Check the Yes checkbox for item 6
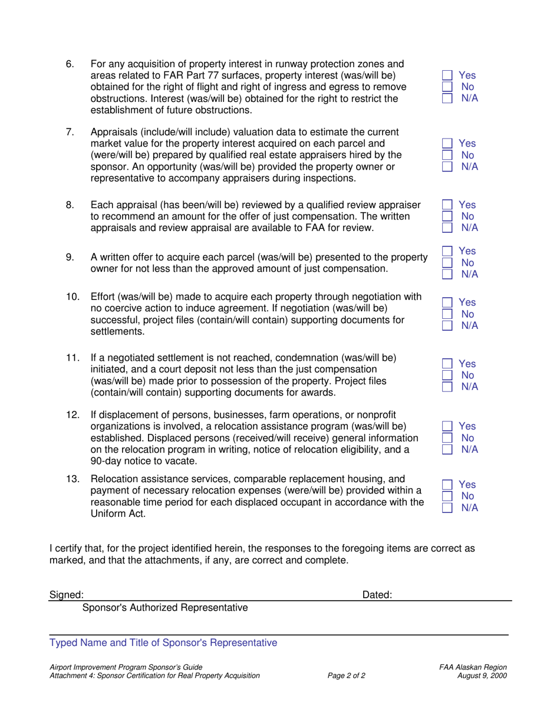[x=447, y=75]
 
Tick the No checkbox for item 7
[x=447, y=155]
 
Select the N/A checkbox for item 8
[x=447, y=228]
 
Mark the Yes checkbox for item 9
[x=447, y=252]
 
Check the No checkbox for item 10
[x=447, y=314]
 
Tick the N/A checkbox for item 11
[x=447, y=387]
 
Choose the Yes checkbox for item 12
[x=447, y=426]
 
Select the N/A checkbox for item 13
[x=447, y=508]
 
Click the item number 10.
[x=73, y=296]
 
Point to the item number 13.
[x=73, y=479]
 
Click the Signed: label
[x=66, y=595]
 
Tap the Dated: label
[x=377, y=595]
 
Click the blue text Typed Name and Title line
[x=163, y=642]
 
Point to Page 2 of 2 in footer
[x=346, y=676]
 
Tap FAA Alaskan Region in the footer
[x=473, y=667]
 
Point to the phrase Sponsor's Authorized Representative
[x=165, y=608]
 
